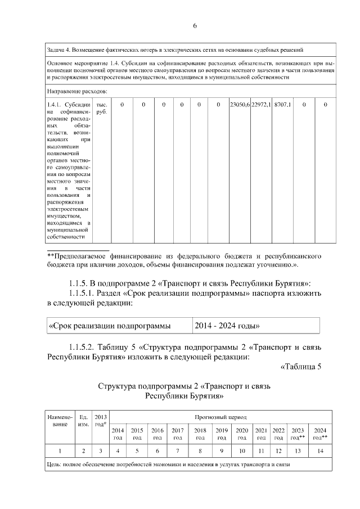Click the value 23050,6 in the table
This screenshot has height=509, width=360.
(240, 105)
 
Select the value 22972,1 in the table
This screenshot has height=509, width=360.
(261, 105)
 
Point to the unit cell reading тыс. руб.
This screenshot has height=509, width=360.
(102, 109)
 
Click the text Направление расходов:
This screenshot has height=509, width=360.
(77, 91)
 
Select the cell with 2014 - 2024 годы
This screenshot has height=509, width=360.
(227, 326)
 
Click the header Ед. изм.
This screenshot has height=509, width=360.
(83, 421)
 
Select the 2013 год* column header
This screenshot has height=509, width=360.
(101, 420)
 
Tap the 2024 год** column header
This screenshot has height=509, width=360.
(320, 434)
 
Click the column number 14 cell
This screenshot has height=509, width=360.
(320, 451)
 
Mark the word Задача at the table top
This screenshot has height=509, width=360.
(58, 49)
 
